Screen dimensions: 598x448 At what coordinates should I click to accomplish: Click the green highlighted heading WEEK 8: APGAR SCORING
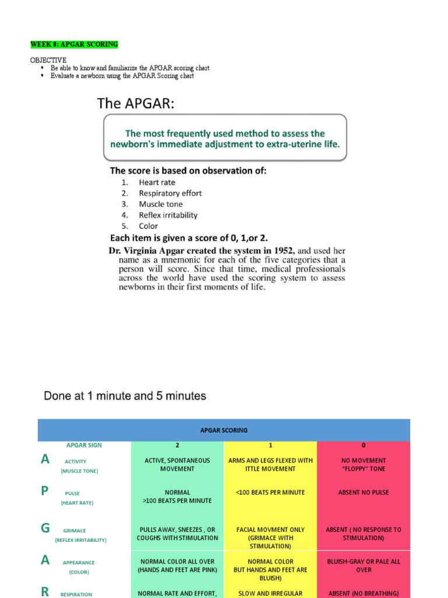[74, 44]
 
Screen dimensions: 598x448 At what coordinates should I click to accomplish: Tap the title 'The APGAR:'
[135, 104]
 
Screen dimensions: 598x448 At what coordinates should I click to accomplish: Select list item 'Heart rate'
[156, 182]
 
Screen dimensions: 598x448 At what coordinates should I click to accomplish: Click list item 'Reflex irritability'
[168, 215]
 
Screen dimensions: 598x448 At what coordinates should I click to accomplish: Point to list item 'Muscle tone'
[160, 204]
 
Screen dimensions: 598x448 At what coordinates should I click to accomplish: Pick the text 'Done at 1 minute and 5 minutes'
[125, 396]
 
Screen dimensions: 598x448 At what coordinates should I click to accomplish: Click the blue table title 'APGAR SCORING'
[224, 430]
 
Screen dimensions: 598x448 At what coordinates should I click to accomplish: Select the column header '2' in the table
[177, 445]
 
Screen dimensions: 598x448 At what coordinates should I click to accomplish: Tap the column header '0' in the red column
[363, 445]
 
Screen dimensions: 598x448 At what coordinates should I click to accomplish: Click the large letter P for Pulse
[45, 491]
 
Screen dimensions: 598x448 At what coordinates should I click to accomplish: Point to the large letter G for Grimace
[45, 529]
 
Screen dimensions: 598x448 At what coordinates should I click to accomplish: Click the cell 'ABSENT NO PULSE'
[363, 492]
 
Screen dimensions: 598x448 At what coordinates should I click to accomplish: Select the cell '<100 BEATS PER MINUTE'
[270, 492]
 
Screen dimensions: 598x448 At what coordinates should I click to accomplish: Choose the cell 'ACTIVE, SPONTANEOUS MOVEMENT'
[177, 464]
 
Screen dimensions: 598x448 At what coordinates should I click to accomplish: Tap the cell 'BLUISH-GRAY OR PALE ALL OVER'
[363, 565]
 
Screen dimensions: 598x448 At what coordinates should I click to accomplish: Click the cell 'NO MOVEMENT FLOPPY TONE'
[363, 464]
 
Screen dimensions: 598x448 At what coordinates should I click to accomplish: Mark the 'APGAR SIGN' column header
[84, 445]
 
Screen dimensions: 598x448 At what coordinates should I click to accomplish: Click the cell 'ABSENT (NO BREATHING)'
[363, 593]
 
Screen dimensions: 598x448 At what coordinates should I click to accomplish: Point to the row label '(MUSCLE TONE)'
[79, 471]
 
